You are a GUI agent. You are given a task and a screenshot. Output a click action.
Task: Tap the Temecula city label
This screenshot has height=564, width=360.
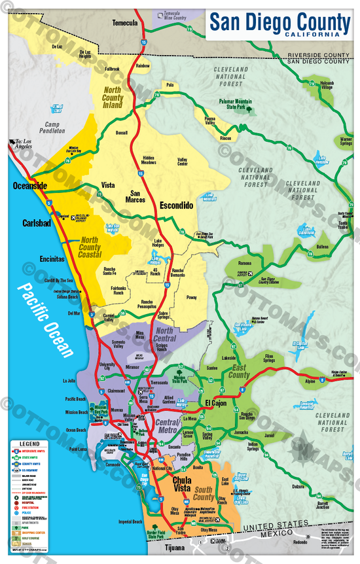tap(125, 23)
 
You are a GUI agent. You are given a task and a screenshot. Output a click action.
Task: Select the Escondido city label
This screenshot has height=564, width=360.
tap(176, 205)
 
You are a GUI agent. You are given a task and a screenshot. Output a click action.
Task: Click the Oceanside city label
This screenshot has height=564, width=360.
tap(30, 186)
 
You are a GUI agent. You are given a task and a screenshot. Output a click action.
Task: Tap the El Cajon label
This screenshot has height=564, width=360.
tap(215, 402)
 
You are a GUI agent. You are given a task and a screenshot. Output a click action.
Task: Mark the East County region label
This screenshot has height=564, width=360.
tap(239, 372)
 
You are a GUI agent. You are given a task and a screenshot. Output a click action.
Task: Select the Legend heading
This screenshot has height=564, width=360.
tap(24, 444)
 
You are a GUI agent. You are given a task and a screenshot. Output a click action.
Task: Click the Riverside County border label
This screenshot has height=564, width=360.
tap(318, 56)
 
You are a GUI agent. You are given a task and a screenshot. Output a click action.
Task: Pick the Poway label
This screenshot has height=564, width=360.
tap(190, 296)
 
